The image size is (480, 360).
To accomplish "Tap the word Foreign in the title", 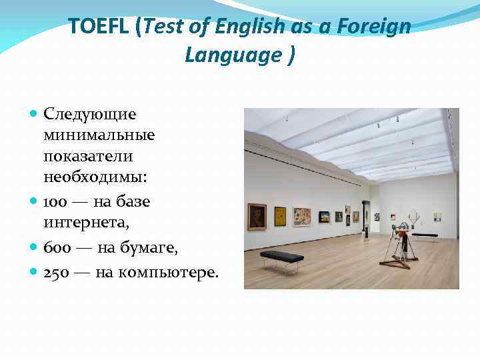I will [x=374, y=27].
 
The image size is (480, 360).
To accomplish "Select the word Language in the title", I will [x=233, y=55].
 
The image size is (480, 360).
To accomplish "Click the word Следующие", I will [x=90, y=115].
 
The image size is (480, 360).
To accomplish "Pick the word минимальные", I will [x=99, y=135].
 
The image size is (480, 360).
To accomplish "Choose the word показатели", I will [x=88, y=156].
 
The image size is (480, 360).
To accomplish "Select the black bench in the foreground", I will [x=281, y=257].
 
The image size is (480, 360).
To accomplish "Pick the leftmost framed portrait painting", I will [x=257, y=217].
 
